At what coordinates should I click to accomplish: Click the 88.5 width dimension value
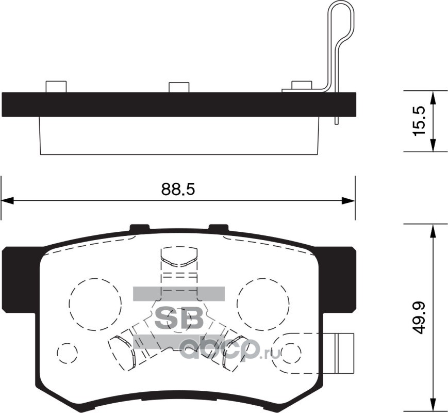click(178, 189)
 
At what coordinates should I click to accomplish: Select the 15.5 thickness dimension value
click(419, 121)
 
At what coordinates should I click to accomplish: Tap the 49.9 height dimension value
click(419, 317)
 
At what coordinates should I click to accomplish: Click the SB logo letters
click(179, 317)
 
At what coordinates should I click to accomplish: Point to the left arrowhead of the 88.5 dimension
click(7, 201)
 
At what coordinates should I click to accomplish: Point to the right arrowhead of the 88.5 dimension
click(349, 201)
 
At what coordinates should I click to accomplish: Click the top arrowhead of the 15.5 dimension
click(434, 98)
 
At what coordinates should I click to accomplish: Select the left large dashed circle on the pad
click(95, 304)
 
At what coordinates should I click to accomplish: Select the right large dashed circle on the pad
click(263, 304)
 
